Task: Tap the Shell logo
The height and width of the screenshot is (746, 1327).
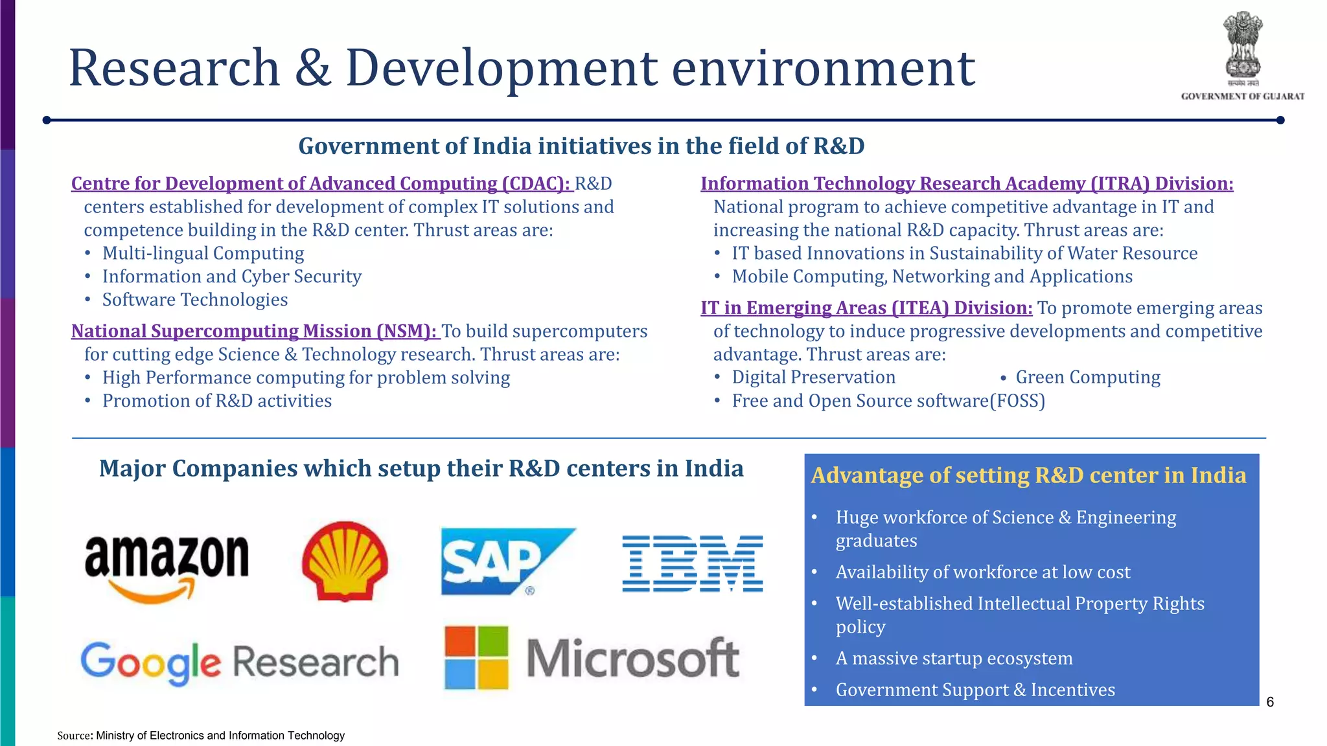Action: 345,561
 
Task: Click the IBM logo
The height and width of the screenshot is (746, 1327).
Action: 692,563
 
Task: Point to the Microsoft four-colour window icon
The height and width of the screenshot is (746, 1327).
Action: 477,657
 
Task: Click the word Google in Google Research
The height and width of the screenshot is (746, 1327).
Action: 150,662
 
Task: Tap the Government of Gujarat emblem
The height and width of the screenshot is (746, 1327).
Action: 1242,49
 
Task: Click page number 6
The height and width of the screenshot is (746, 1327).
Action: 1270,702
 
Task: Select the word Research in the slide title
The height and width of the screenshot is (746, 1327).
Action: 174,68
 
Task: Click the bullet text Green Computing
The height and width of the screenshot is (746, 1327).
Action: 1087,377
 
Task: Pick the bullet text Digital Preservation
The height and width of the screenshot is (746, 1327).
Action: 813,377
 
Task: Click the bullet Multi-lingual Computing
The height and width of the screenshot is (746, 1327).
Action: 203,253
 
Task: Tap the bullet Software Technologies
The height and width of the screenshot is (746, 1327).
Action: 194,300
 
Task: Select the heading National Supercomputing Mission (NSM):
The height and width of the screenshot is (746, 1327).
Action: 255,331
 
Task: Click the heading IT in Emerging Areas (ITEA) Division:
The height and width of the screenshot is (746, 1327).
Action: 866,308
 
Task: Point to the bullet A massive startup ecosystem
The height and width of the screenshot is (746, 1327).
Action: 954,658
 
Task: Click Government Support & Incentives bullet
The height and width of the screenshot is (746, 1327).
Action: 975,690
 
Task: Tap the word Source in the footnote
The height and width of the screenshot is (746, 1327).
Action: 74,736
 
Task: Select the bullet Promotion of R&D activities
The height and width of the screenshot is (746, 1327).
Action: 216,401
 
